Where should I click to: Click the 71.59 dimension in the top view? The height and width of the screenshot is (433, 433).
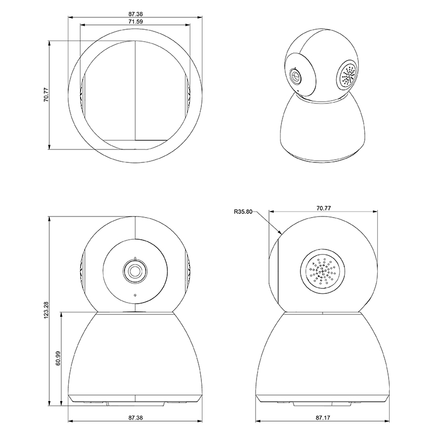136,22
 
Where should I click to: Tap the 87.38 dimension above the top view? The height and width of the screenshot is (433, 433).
136,14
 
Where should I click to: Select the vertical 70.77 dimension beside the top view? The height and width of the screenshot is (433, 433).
46,95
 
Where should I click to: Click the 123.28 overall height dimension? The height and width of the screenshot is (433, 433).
46,310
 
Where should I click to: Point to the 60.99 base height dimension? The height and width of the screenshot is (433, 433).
58,358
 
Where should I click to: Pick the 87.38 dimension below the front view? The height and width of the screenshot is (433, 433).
136,418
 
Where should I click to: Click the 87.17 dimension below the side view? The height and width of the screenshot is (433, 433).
323,418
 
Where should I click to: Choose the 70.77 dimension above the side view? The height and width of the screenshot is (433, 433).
324,208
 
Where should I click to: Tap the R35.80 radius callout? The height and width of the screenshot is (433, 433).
243,212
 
